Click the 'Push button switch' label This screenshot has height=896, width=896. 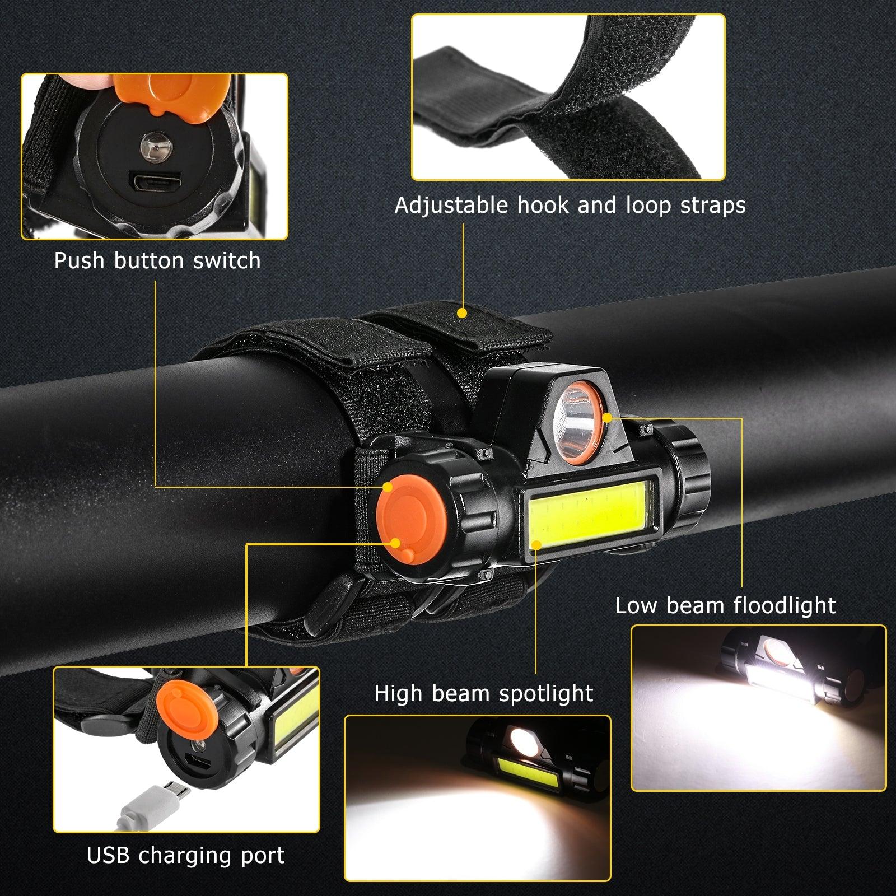click(157, 261)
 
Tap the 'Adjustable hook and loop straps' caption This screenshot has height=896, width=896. click(570, 206)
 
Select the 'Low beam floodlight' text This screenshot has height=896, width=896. click(725, 605)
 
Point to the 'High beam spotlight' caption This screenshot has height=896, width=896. click(484, 694)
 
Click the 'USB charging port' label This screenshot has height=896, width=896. click(186, 856)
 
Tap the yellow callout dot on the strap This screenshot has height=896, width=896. click(463, 312)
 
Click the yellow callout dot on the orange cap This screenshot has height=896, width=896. click(396, 543)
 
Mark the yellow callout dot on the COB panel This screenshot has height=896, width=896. click(536, 543)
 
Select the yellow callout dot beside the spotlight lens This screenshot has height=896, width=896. click(609, 417)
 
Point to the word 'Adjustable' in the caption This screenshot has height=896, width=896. click(451, 206)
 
